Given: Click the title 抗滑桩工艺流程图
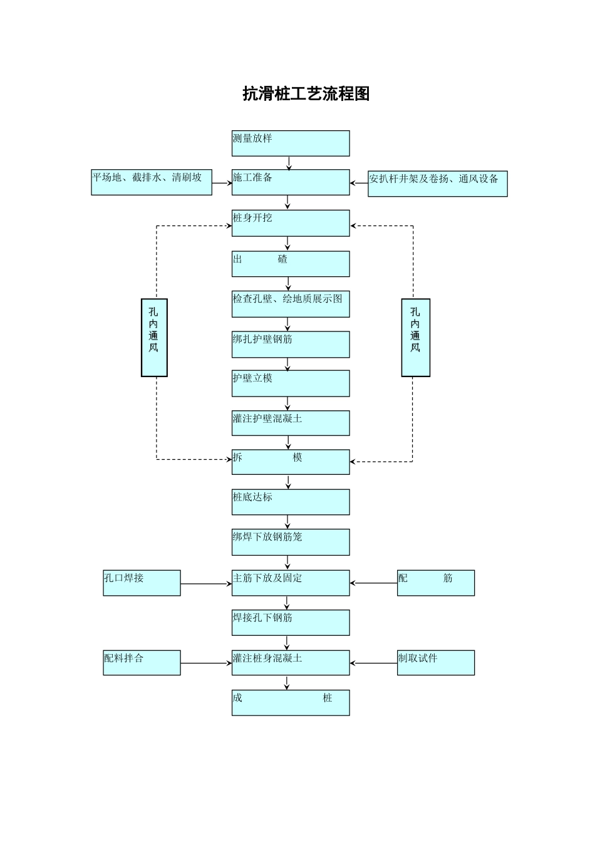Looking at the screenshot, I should point(306,94).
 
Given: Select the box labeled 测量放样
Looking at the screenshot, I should point(291,143).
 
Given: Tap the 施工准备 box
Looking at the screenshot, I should point(291,182).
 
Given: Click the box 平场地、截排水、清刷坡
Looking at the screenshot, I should point(152,182).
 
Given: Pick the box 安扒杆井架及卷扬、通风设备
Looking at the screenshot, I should point(437,184).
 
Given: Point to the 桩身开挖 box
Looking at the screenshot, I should point(291,223).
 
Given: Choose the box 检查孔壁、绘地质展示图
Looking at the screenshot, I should point(291,304).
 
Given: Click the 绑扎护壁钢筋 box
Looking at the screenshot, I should point(291,345).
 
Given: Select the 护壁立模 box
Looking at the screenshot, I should point(291,383).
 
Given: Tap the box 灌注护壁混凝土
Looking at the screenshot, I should point(291,423).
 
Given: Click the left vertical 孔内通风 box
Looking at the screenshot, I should point(154,337).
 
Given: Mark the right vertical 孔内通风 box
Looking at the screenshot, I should point(415,337).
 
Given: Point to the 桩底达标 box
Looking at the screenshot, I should point(291,502).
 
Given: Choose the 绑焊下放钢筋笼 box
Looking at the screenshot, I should point(291,542).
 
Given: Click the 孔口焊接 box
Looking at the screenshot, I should point(142,583).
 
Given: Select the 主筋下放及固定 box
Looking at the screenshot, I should point(291,583).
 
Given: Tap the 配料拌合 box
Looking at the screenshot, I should point(142,662).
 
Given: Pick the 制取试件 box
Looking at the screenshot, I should point(435,662).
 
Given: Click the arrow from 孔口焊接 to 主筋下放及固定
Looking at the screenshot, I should point(206,584).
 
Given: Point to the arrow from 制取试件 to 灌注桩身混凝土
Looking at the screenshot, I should point(373,663).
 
